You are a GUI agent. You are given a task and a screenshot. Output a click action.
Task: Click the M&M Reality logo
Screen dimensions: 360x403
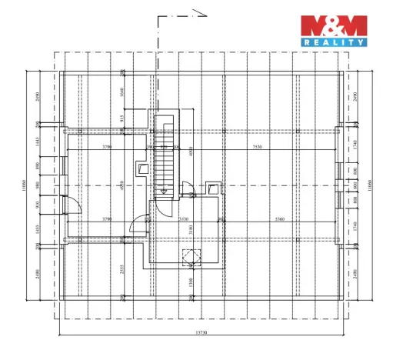[x=332, y=31]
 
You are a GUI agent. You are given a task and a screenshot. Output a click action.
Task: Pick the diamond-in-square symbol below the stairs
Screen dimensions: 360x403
[x=188, y=256]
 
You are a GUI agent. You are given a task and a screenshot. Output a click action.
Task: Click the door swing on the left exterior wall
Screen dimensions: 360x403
[x=71, y=205]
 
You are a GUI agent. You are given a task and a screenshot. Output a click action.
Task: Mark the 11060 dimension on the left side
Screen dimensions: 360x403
[x=25, y=184]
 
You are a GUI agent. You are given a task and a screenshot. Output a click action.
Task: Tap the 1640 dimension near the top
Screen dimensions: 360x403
[x=122, y=92]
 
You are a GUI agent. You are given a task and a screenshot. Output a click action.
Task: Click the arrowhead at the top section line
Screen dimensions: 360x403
[x=205, y=12]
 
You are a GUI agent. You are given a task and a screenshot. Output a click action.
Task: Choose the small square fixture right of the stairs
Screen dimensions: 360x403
[x=212, y=185]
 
